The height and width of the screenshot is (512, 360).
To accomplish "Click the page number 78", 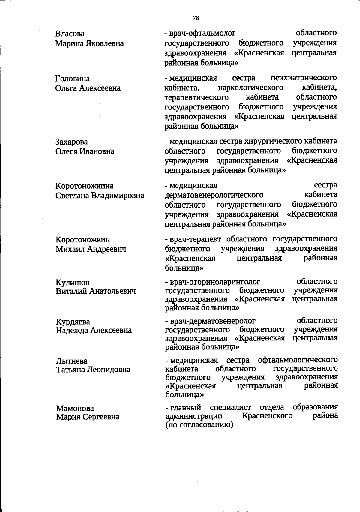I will pos(196,18).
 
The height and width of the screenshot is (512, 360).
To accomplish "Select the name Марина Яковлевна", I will pos(89,43).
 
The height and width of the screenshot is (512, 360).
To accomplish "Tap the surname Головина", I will pos(73,79).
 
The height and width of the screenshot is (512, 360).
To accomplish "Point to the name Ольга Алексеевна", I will pos(88,88).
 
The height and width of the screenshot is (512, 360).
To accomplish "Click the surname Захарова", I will pos(72,142).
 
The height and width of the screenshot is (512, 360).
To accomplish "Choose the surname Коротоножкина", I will pos(85,186).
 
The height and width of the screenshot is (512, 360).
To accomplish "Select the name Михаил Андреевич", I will pos(91,249).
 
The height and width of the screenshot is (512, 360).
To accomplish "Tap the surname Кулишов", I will pos(73,283).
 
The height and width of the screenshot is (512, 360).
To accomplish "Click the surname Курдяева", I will pos(73,322).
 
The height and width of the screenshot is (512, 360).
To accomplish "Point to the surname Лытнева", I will pos(72,361).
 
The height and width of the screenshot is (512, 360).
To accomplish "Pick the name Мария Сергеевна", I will pos(88,417).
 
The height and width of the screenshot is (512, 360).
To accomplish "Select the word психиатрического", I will pos(304,78).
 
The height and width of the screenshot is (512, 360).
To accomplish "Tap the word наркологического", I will pos(251,88).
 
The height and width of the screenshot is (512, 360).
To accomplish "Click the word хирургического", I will pos(273,141).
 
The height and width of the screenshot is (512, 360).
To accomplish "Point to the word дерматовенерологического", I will pos(214,195).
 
